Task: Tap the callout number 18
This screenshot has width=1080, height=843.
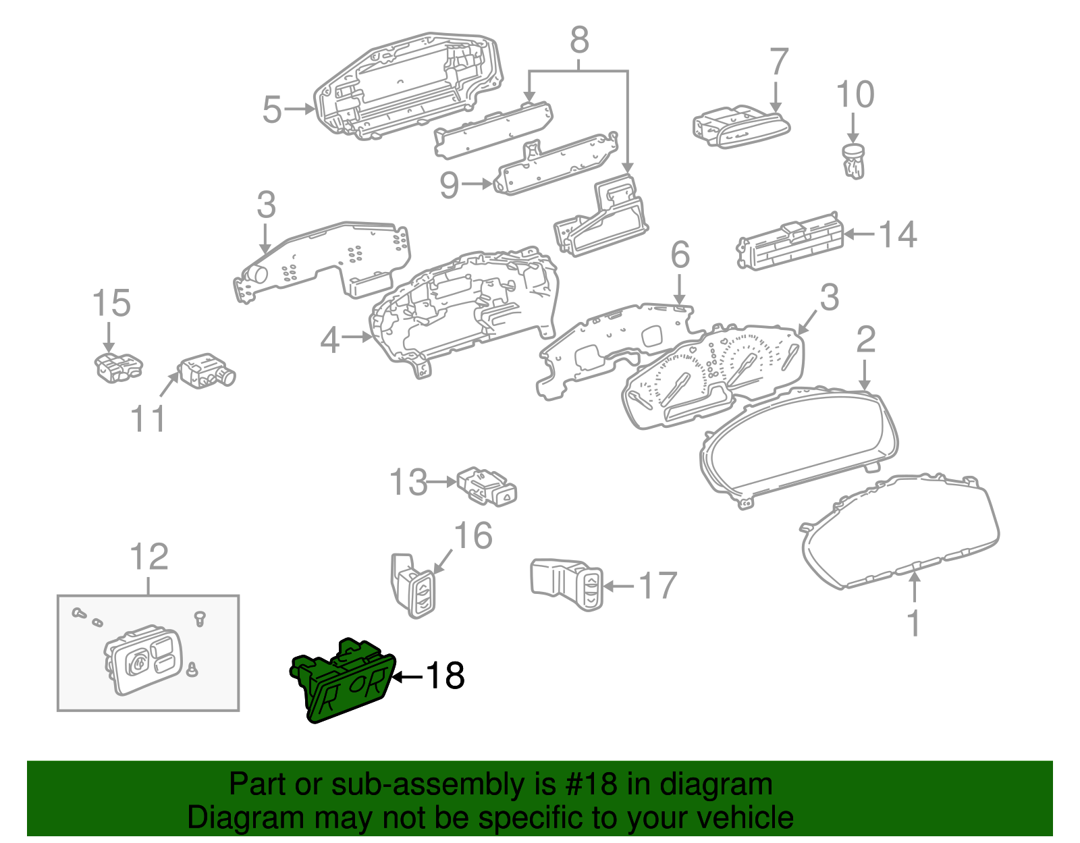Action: click(x=444, y=676)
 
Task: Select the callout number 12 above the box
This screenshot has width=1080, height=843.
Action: click(x=148, y=558)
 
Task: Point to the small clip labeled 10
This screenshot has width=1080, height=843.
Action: click(x=854, y=162)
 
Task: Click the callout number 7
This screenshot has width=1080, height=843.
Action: click(x=779, y=62)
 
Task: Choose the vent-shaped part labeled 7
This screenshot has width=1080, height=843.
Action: click(x=741, y=127)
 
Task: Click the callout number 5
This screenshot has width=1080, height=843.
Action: click(x=271, y=109)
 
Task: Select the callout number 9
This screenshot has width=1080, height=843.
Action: click(x=450, y=184)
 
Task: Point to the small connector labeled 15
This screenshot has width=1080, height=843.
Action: click(x=118, y=366)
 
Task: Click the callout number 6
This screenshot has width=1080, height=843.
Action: click(x=680, y=255)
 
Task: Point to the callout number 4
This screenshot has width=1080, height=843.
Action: click(x=329, y=340)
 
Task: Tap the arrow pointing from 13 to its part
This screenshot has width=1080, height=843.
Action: click(x=443, y=482)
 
